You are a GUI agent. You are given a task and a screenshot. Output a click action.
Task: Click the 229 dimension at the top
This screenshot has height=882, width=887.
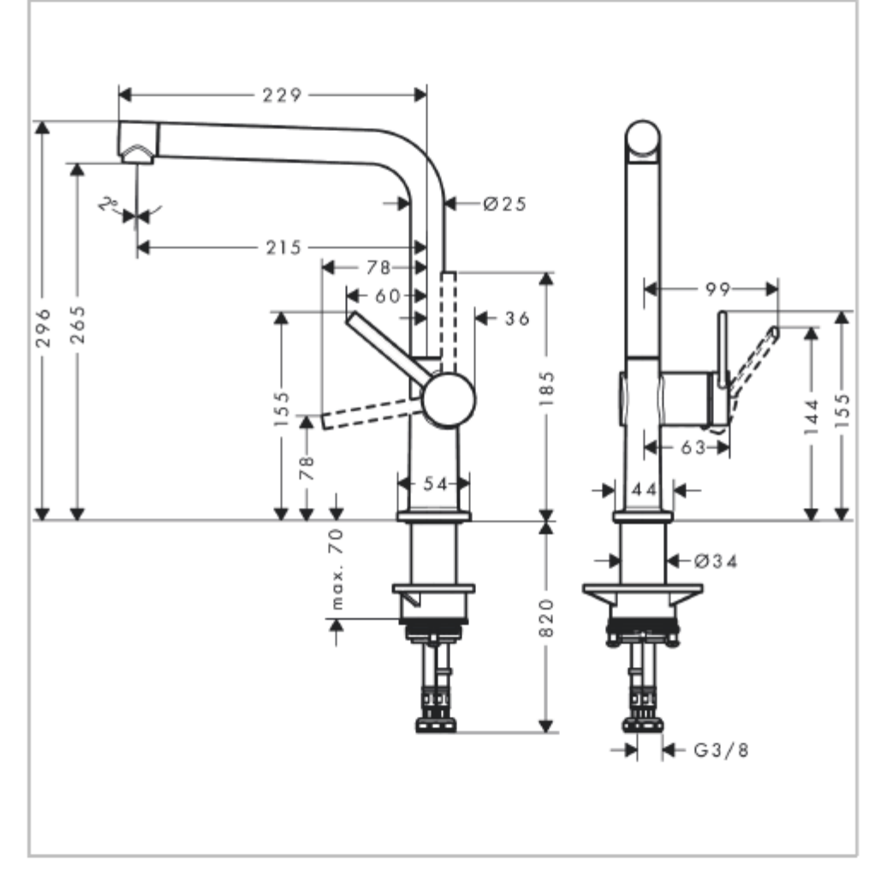click(282, 95)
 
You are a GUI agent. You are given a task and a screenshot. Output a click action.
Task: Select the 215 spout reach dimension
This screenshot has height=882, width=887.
click(284, 247)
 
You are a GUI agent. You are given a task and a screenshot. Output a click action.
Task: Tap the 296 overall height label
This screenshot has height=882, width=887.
click(43, 328)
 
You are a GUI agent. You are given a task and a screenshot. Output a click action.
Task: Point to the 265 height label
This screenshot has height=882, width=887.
click(78, 325)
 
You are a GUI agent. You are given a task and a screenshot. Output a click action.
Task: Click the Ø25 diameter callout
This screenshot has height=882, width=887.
click(505, 204)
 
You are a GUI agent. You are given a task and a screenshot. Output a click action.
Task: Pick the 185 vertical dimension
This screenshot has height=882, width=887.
click(546, 388)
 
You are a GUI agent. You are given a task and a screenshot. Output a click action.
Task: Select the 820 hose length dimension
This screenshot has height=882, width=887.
click(546, 617)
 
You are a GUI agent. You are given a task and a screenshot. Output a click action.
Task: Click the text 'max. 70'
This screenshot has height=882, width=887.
click(336, 569)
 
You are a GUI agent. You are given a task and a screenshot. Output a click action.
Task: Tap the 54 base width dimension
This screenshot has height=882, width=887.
click(435, 484)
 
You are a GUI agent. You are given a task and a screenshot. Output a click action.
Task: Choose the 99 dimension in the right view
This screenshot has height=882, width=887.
click(717, 289)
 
